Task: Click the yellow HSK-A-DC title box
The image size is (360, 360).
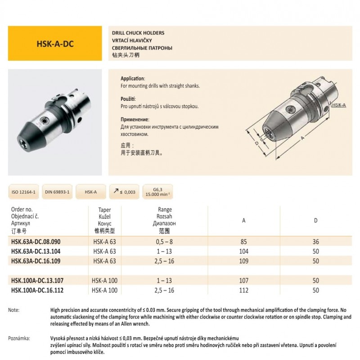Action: (55, 45)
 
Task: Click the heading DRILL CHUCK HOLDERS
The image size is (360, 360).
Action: (138, 33)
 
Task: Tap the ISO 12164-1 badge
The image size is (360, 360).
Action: (24, 192)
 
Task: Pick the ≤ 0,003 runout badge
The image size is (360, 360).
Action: (123, 192)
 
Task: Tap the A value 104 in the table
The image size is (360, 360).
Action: (243, 252)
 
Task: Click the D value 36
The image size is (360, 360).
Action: (315, 242)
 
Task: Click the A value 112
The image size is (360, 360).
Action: (243, 290)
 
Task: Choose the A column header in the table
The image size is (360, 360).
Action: (243, 220)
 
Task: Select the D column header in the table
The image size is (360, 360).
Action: (315, 220)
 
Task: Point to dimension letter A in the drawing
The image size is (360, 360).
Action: (302, 139)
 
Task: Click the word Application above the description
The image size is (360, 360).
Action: (133, 78)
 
